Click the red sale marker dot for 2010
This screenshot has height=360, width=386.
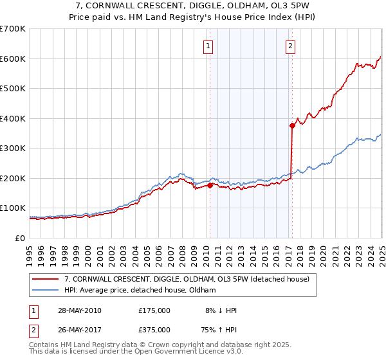[210, 186]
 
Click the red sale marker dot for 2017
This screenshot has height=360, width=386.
[292, 126]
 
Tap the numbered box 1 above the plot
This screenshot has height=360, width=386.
[209, 46]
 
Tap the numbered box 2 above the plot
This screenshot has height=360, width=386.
[291, 46]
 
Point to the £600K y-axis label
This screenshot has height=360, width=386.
[13, 59]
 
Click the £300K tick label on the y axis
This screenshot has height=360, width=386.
[13, 148]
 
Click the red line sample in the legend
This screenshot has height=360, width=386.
[45, 279]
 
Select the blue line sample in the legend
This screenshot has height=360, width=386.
[45, 291]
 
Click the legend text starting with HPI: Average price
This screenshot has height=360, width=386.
[140, 291]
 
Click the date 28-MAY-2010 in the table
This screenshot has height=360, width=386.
[78, 310]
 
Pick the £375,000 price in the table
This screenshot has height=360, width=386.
[154, 330]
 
